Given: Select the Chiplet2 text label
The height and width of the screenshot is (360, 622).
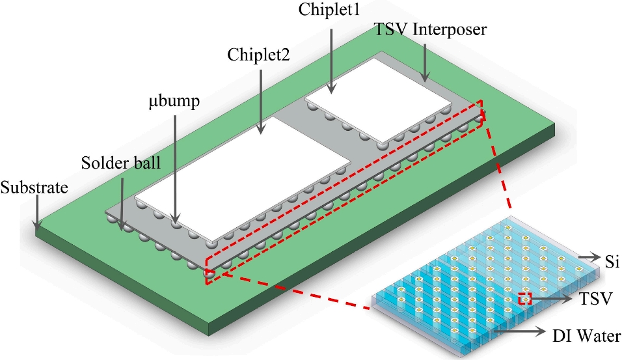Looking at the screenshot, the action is coord(258,55).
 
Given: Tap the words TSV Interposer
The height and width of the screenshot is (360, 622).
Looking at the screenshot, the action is coord(430,30).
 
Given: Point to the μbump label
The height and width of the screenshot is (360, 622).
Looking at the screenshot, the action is coord(174,101).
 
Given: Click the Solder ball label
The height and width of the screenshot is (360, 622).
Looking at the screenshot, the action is coord(121,163).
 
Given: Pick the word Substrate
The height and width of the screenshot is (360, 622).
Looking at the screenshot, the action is coord(34,187).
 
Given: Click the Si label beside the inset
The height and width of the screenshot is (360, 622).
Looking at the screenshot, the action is coord(612,262).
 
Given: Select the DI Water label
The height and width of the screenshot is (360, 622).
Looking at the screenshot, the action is coord(587,336).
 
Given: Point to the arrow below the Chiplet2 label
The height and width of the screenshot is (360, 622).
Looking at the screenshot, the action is coord(260,102).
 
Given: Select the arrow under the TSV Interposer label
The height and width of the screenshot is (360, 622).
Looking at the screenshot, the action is coord(425,62).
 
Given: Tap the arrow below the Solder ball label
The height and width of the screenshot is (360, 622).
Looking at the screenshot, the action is coord(122,203).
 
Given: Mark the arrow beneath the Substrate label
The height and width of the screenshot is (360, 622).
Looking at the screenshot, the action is coord(36,212).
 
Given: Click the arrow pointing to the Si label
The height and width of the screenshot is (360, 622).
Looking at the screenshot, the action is coord(589,258).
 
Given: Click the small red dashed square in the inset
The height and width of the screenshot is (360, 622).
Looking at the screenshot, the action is coord(524,298).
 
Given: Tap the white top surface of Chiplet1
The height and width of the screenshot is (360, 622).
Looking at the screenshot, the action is coord(378,100).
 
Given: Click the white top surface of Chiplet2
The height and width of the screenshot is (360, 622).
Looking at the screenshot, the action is coord(243,178).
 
